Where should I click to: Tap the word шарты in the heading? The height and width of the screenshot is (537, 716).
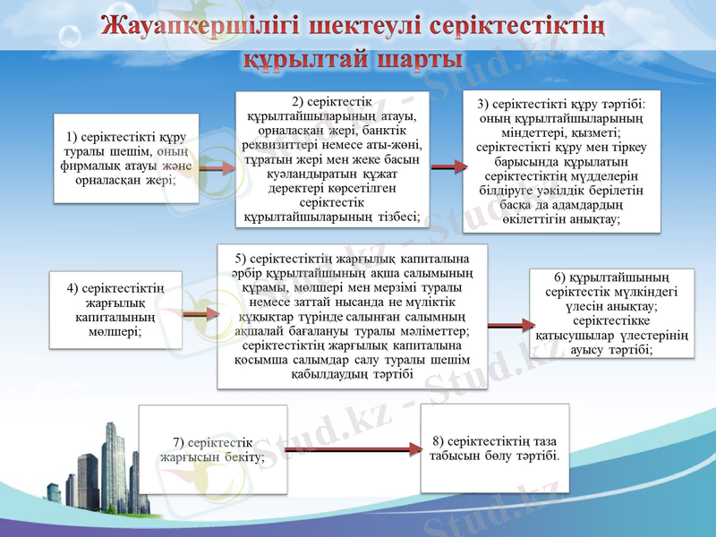(411, 59)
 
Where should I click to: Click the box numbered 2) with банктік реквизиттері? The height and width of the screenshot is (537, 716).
(332, 158)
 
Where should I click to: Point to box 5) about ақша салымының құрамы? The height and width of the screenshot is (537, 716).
(352, 316)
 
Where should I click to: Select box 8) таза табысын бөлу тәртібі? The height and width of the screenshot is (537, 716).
(495, 448)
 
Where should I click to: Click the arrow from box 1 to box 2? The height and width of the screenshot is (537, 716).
(216, 167)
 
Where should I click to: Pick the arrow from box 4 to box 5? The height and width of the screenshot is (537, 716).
(200, 314)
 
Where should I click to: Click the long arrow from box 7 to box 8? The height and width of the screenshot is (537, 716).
(354, 449)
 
